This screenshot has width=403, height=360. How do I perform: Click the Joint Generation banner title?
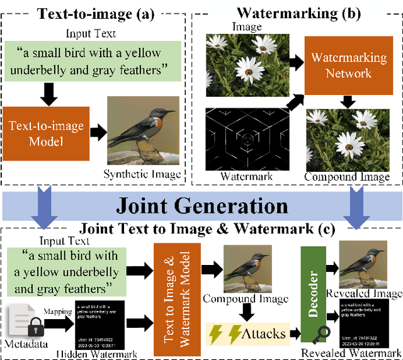(x=201, y=205)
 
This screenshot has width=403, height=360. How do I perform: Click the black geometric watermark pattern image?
(x=247, y=139)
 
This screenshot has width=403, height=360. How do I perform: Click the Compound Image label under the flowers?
(x=347, y=177)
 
